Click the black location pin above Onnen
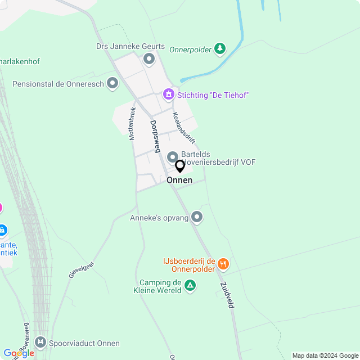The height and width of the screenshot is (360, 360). [180, 166]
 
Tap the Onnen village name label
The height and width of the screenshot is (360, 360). [179, 180]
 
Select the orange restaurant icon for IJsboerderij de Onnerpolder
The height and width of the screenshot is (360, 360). [223, 263]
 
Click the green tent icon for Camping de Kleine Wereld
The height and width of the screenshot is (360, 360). [191, 286]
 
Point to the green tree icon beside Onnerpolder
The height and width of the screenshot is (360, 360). [220, 49]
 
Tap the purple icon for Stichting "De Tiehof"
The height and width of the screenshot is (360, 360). [168, 94]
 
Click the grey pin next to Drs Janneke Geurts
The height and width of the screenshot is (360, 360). [149, 58]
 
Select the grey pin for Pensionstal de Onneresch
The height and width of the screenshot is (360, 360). [112, 84]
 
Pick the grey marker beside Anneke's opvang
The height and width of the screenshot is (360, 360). [197, 217]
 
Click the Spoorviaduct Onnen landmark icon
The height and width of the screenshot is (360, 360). [40, 342]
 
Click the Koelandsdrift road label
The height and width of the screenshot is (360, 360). [184, 128]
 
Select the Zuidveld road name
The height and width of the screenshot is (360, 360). [228, 295]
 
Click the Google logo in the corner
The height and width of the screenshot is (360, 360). [18, 353]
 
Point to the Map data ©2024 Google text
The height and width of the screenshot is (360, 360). [325, 355]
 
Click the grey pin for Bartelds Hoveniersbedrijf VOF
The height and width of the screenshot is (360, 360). [172, 156]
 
